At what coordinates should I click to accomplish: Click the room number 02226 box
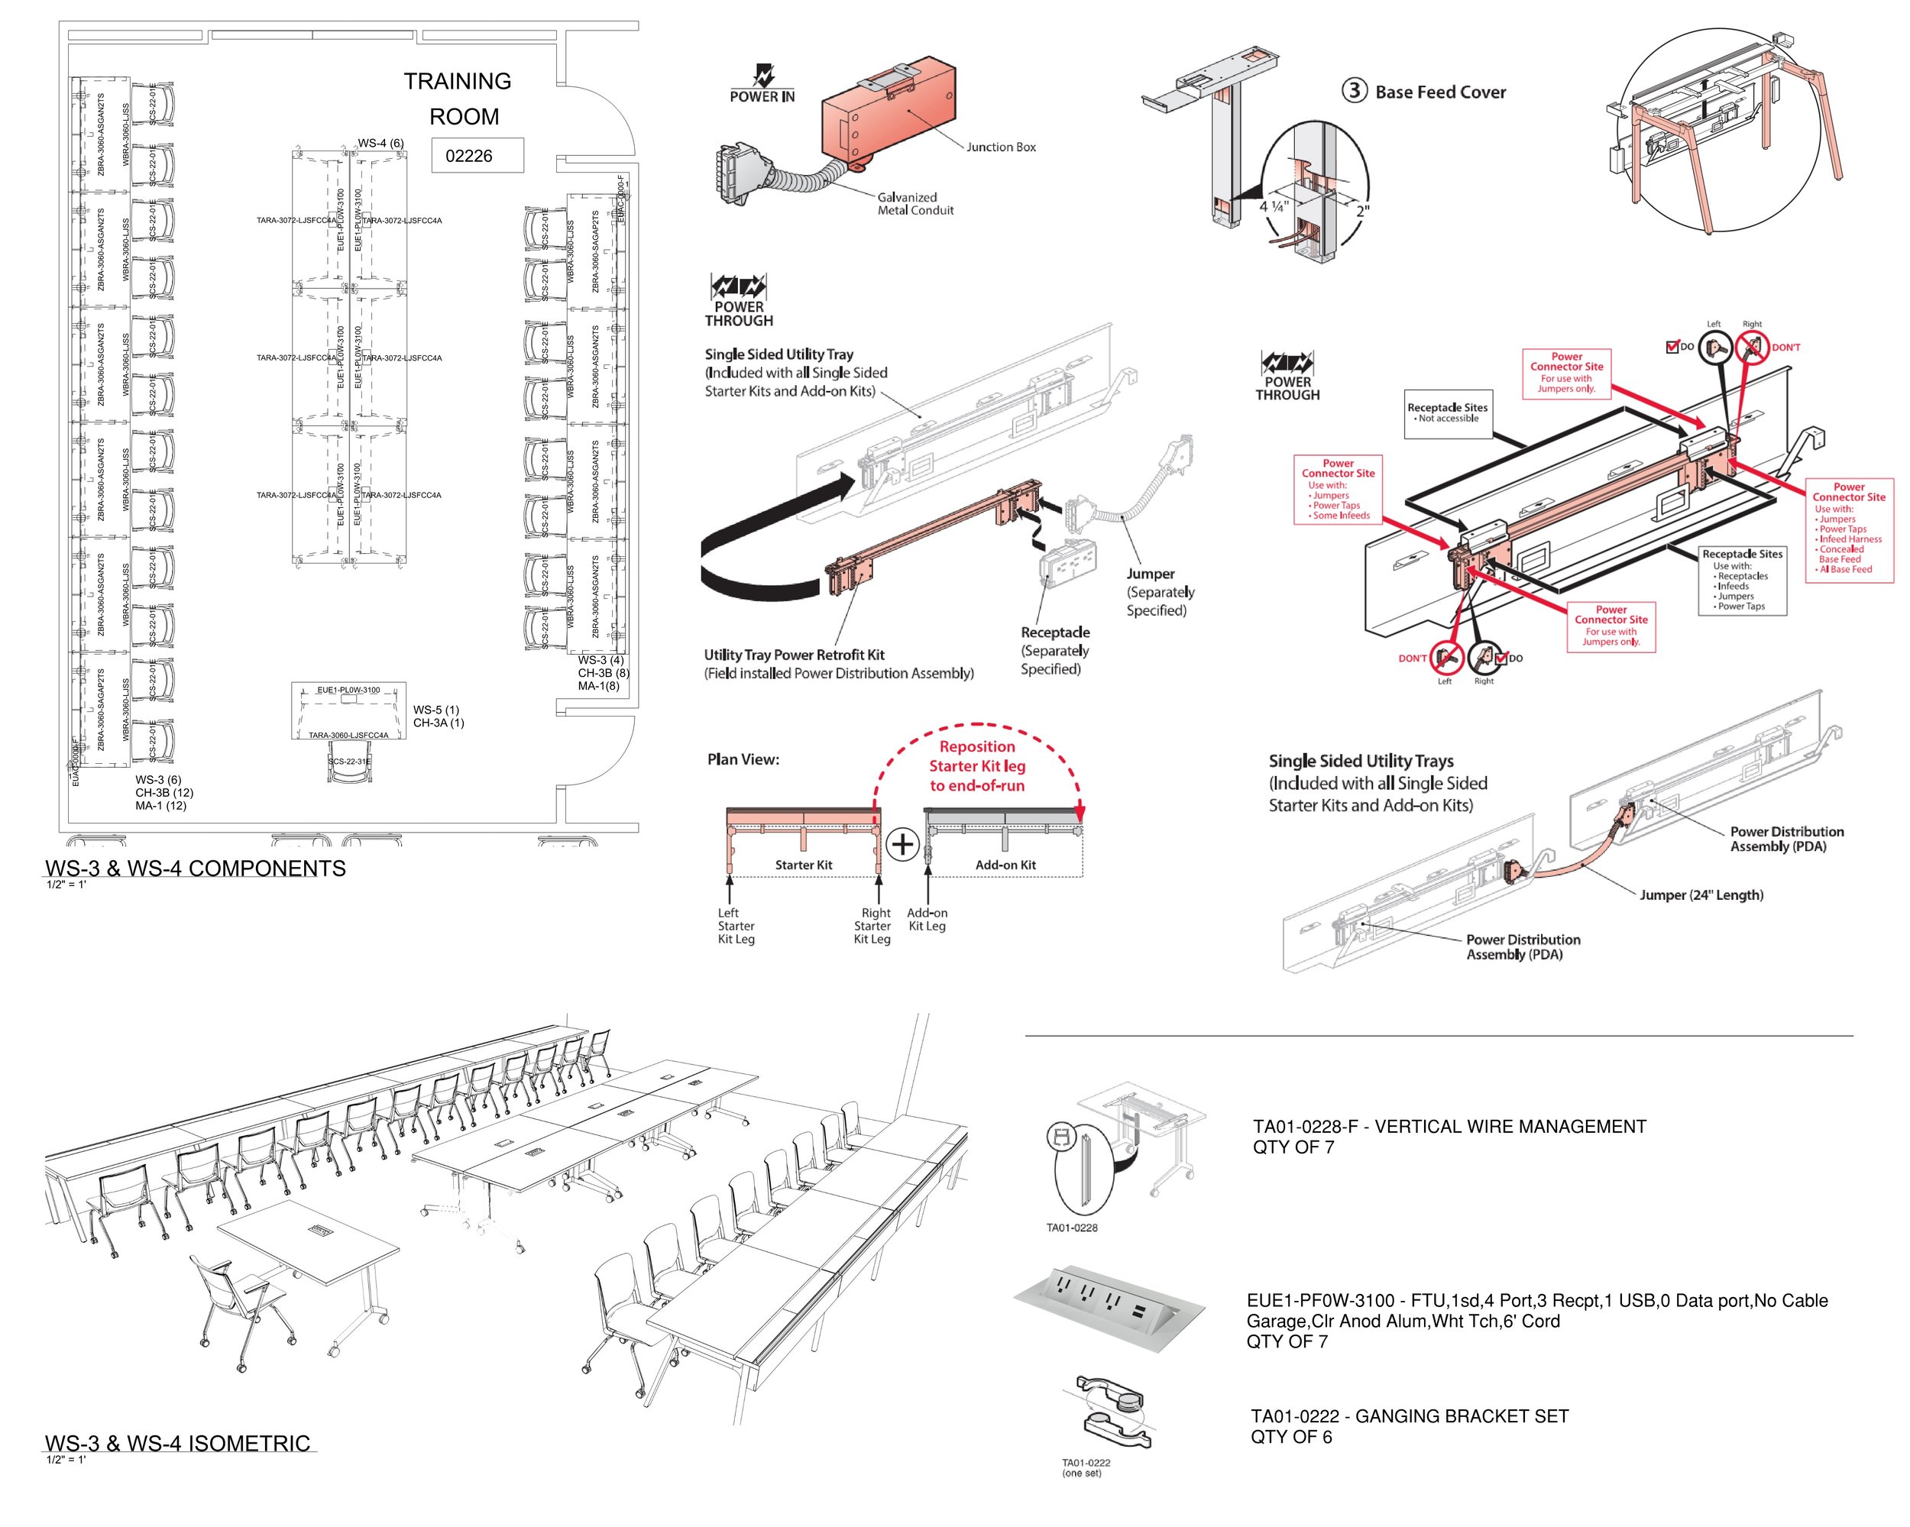(x=477, y=156)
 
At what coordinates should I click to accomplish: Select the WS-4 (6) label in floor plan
(x=381, y=144)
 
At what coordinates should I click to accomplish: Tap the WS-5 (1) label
(x=436, y=710)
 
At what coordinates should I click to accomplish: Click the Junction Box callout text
(x=1000, y=147)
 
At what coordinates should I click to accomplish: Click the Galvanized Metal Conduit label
(x=915, y=204)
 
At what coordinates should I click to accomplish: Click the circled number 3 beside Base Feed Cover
(x=1354, y=90)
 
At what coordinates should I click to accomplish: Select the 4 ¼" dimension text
(x=1275, y=206)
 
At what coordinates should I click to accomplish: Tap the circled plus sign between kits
(x=902, y=844)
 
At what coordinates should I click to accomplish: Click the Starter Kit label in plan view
(x=803, y=865)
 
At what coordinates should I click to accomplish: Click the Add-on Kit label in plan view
(x=1005, y=865)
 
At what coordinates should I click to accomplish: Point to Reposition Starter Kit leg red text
(x=977, y=766)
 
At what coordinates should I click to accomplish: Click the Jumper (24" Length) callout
(x=1700, y=895)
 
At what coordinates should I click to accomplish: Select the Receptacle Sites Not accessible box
(x=1447, y=412)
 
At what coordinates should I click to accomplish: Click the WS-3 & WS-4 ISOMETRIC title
(x=177, y=1444)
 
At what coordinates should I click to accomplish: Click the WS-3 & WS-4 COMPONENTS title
(x=195, y=868)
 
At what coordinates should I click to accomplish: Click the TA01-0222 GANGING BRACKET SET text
(x=1409, y=1416)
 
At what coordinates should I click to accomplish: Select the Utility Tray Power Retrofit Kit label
(x=794, y=655)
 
